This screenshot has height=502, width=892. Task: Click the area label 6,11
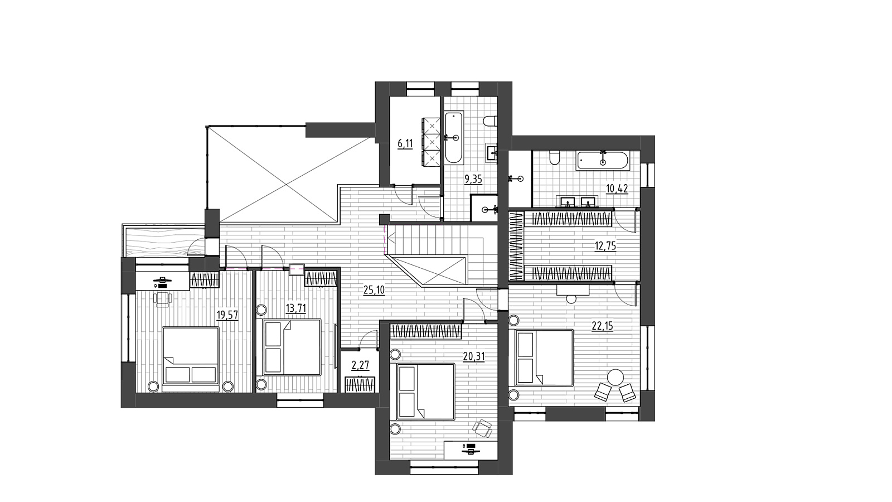[405, 144]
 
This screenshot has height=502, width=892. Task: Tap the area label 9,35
[473, 179]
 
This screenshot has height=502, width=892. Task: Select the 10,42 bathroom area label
[617, 189]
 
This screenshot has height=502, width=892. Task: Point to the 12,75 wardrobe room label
[605, 246]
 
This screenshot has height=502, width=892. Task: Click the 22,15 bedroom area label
[602, 326]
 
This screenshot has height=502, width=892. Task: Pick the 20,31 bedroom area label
[474, 356]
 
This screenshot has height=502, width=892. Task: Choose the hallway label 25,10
[374, 290]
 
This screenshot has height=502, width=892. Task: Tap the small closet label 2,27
[360, 365]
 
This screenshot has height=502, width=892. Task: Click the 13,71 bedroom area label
[296, 308]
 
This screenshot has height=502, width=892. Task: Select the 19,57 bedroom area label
[227, 315]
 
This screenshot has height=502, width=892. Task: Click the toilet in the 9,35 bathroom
[490, 120]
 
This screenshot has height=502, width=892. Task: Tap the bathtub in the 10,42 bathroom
[603, 161]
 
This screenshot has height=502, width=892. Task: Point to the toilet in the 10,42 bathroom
[554, 158]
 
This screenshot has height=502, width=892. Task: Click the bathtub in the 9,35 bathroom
[454, 138]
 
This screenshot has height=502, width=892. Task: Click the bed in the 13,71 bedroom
[292, 347]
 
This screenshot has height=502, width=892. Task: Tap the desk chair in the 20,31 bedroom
[483, 429]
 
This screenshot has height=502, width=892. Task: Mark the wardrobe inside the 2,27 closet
[360, 384]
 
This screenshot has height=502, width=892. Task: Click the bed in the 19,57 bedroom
[191, 356]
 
